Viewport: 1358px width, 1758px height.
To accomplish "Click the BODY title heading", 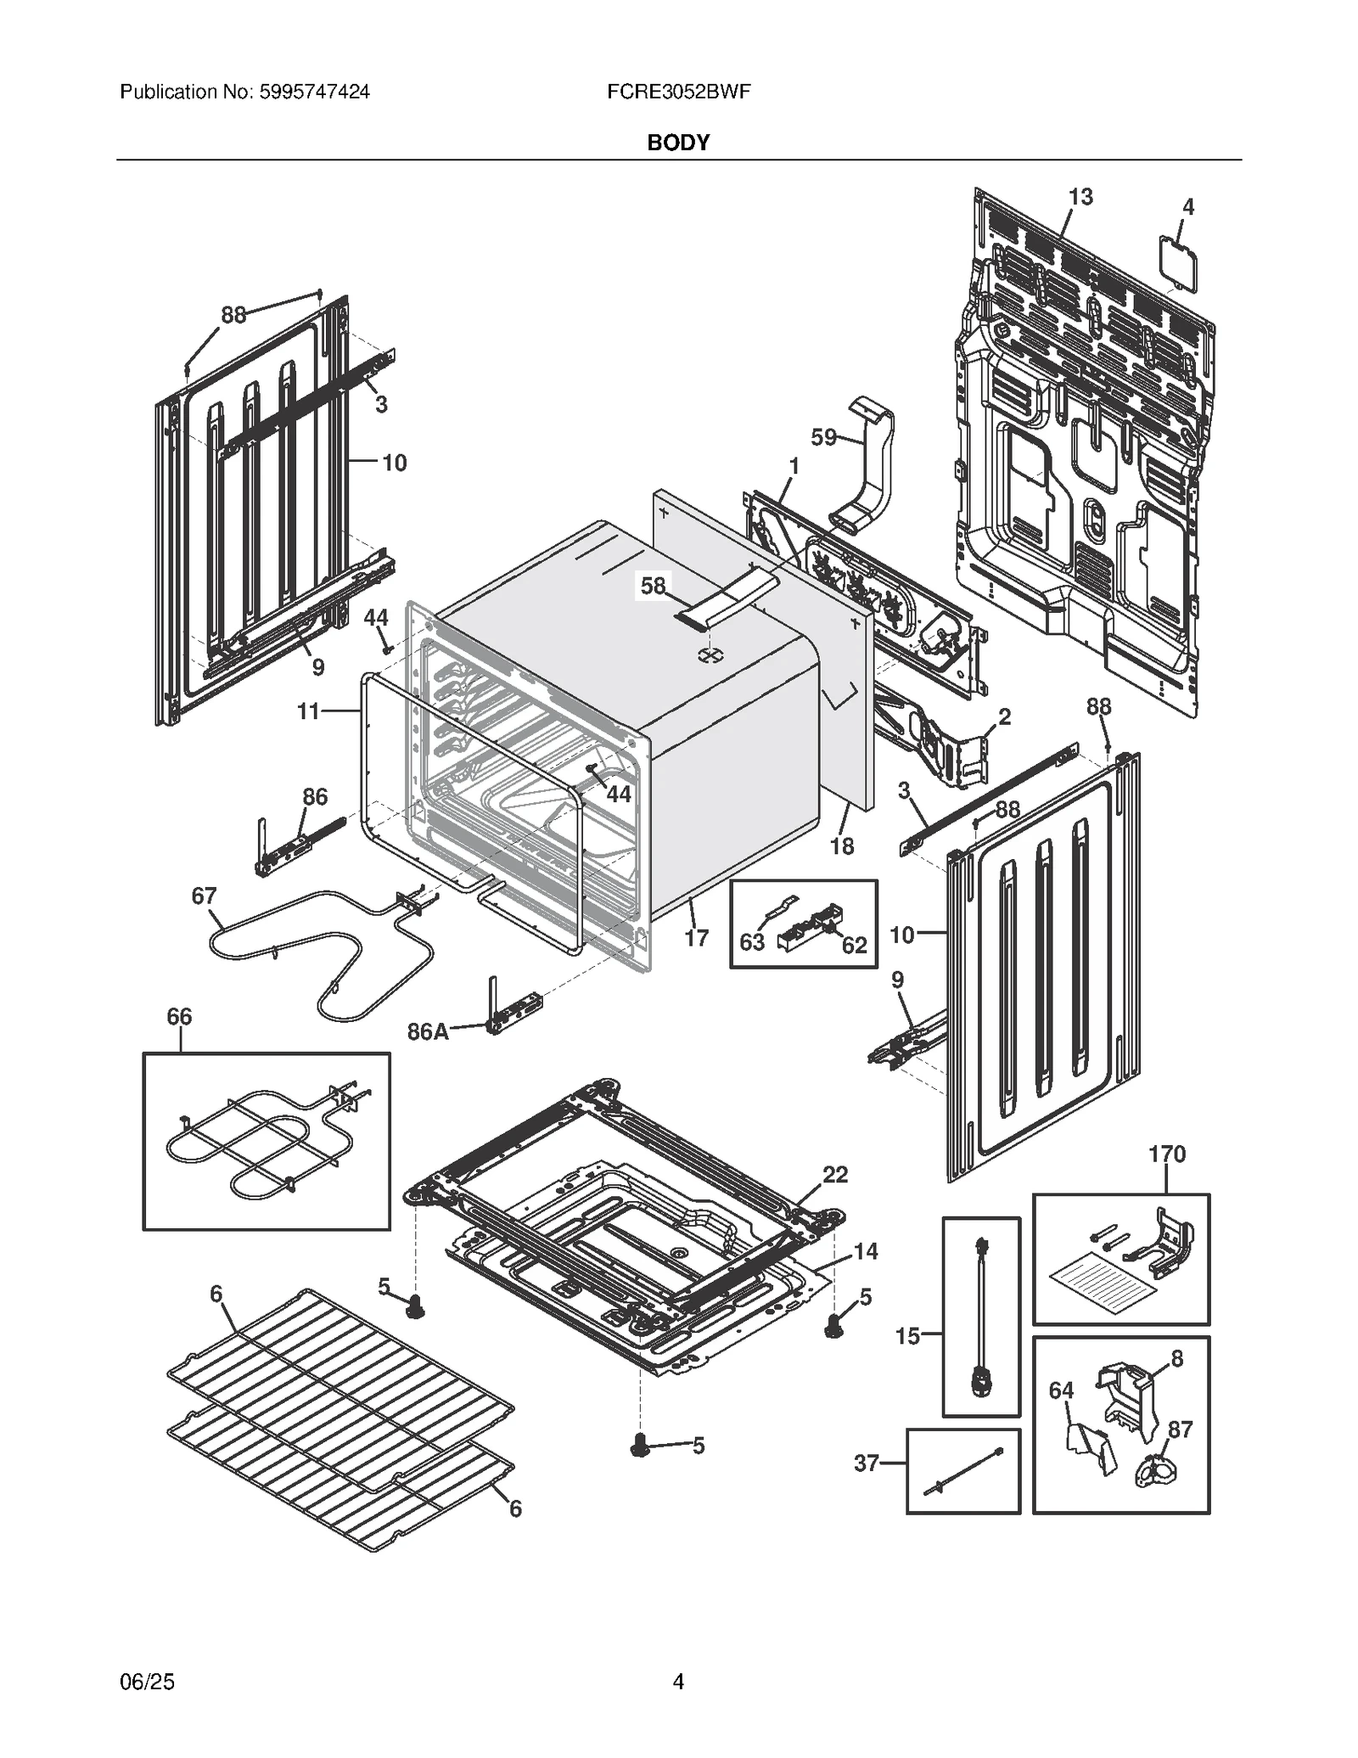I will tap(677, 143).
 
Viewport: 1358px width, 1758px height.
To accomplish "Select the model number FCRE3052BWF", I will tap(678, 92).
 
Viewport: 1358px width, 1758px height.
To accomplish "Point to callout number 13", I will tap(1080, 197).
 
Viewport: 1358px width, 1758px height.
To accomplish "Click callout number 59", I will tap(823, 438).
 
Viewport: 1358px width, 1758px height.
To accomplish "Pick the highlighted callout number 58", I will tap(653, 586).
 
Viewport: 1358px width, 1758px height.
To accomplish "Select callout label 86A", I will tap(428, 1031).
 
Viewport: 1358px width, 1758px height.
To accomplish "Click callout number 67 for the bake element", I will tap(204, 896).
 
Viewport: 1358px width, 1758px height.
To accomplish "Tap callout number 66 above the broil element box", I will tap(179, 1016).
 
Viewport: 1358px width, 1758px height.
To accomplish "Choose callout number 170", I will tap(1167, 1154).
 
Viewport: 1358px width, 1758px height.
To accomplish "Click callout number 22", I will tap(835, 1174).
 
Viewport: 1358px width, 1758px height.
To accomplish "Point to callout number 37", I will tap(866, 1463).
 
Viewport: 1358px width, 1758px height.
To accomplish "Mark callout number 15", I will tap(907, 1336).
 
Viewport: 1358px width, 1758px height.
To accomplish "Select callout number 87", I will tap(1180, 1429).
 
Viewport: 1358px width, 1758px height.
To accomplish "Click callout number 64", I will tap(1061, 1390).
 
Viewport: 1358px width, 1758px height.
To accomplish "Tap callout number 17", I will tap(696, 938).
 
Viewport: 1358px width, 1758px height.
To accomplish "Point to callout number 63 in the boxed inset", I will tap(752, 942).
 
